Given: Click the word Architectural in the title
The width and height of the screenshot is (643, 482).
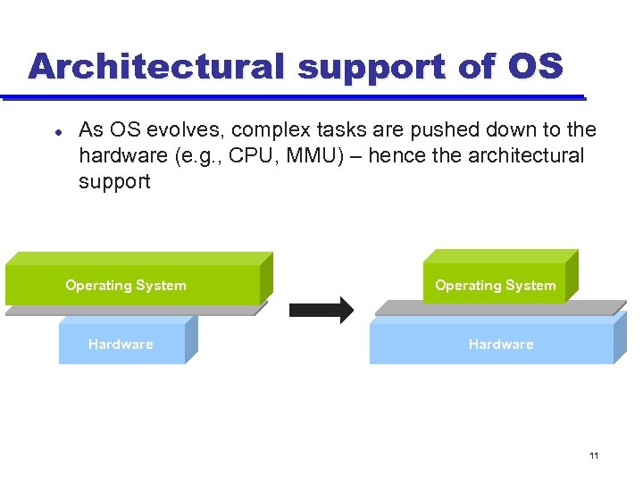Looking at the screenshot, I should click(155, 67).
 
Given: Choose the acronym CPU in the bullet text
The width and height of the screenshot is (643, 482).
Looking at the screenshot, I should click(249, 156).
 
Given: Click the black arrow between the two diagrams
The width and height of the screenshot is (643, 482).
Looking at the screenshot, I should click(321, 310).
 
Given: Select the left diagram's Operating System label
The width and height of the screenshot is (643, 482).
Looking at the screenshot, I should click(126, 286).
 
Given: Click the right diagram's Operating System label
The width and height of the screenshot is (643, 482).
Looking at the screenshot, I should click(495, 286).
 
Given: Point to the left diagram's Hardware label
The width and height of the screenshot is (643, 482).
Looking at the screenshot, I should click(121, 345).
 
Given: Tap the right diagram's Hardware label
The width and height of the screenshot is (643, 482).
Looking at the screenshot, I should click(501, 345).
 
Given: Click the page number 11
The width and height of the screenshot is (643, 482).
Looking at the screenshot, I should click(594, 456).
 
